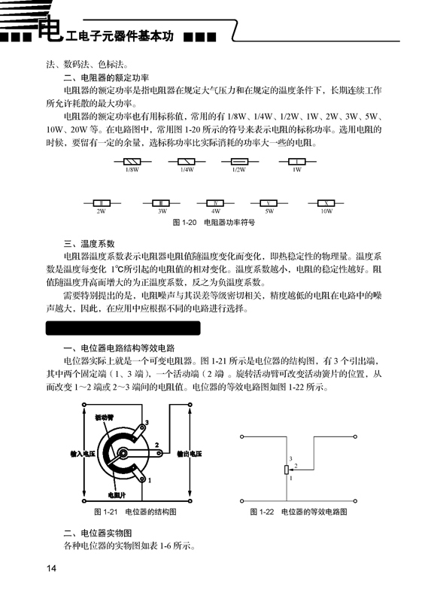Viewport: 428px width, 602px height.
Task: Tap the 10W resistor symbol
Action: tap(326, 203)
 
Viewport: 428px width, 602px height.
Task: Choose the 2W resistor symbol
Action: tap(101, 203)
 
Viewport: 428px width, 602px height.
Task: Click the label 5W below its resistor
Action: tap(269, 212)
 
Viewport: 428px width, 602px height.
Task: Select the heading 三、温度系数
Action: tap(89, 243)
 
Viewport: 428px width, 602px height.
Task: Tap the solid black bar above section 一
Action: tap(123, 328)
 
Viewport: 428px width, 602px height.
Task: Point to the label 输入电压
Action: tap(82, 455)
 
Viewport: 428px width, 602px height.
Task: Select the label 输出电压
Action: tap(189, 455)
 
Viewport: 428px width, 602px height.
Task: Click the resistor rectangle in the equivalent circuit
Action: tap(286, 469)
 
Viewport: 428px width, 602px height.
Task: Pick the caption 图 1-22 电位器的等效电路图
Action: tap(299, 512)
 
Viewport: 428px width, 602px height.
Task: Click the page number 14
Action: tap(51, 567)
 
